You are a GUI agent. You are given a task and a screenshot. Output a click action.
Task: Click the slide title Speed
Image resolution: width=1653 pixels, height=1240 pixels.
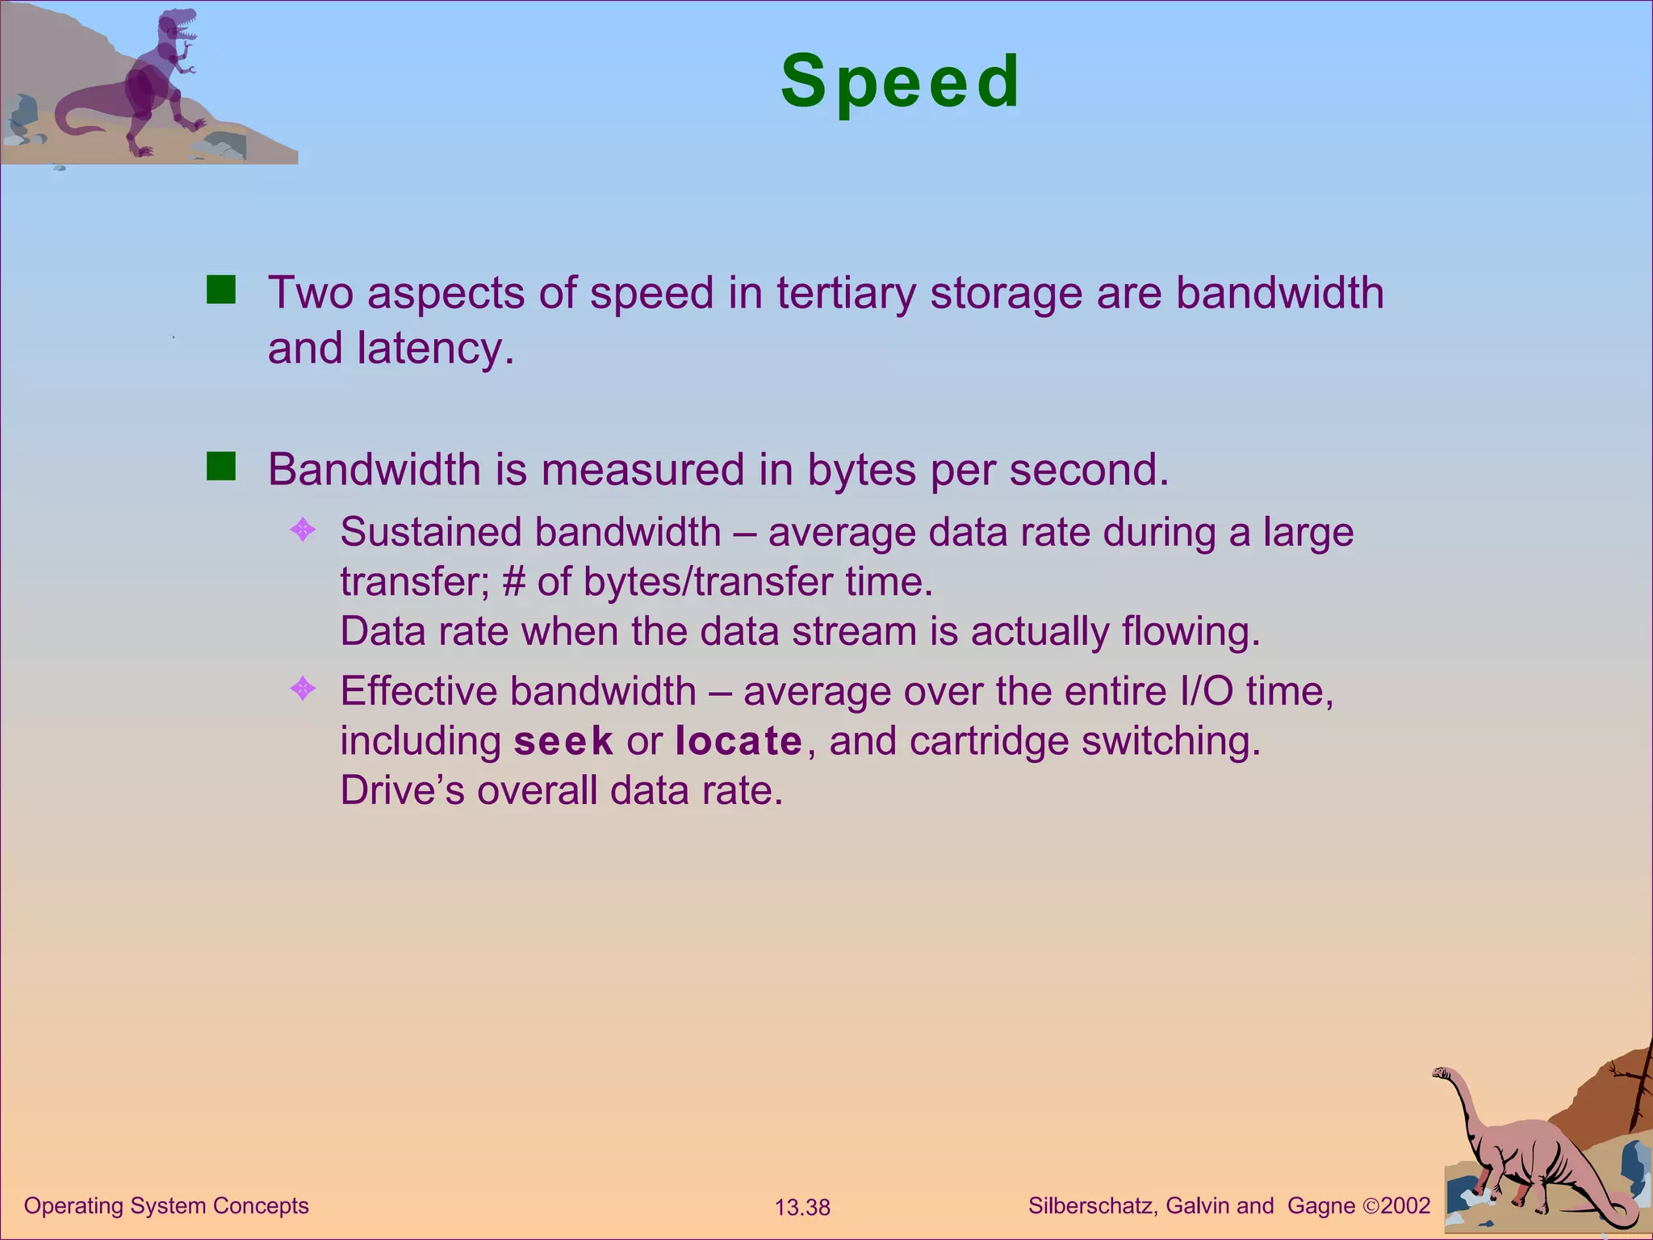tap(901, 82)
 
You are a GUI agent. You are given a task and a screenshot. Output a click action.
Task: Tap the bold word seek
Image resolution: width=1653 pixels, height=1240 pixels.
tap(563, 741)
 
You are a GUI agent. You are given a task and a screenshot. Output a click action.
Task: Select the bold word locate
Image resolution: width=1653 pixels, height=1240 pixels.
tap(739, 741)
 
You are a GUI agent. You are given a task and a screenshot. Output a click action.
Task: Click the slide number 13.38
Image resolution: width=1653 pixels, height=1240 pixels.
tap(802, 1208)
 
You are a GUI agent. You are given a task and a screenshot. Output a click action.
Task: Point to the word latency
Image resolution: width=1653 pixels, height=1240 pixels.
tap(433, 349)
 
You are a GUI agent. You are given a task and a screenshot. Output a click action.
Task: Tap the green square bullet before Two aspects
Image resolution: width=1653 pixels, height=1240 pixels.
tap(220, 290)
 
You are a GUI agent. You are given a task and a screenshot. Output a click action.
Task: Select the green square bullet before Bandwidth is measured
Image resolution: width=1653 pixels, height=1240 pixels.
tap(220, 467)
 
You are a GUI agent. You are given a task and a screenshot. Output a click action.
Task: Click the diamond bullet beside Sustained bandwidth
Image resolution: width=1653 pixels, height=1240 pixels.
tap(303, 530)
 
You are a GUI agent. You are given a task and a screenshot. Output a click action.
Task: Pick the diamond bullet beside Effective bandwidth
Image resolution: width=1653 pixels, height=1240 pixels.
tap(303, 689)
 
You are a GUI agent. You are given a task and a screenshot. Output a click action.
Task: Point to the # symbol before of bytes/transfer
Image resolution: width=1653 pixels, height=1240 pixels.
tap(513, 582)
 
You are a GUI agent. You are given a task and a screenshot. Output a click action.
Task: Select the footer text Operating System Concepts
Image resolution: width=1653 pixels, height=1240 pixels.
tap(166, 1206)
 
